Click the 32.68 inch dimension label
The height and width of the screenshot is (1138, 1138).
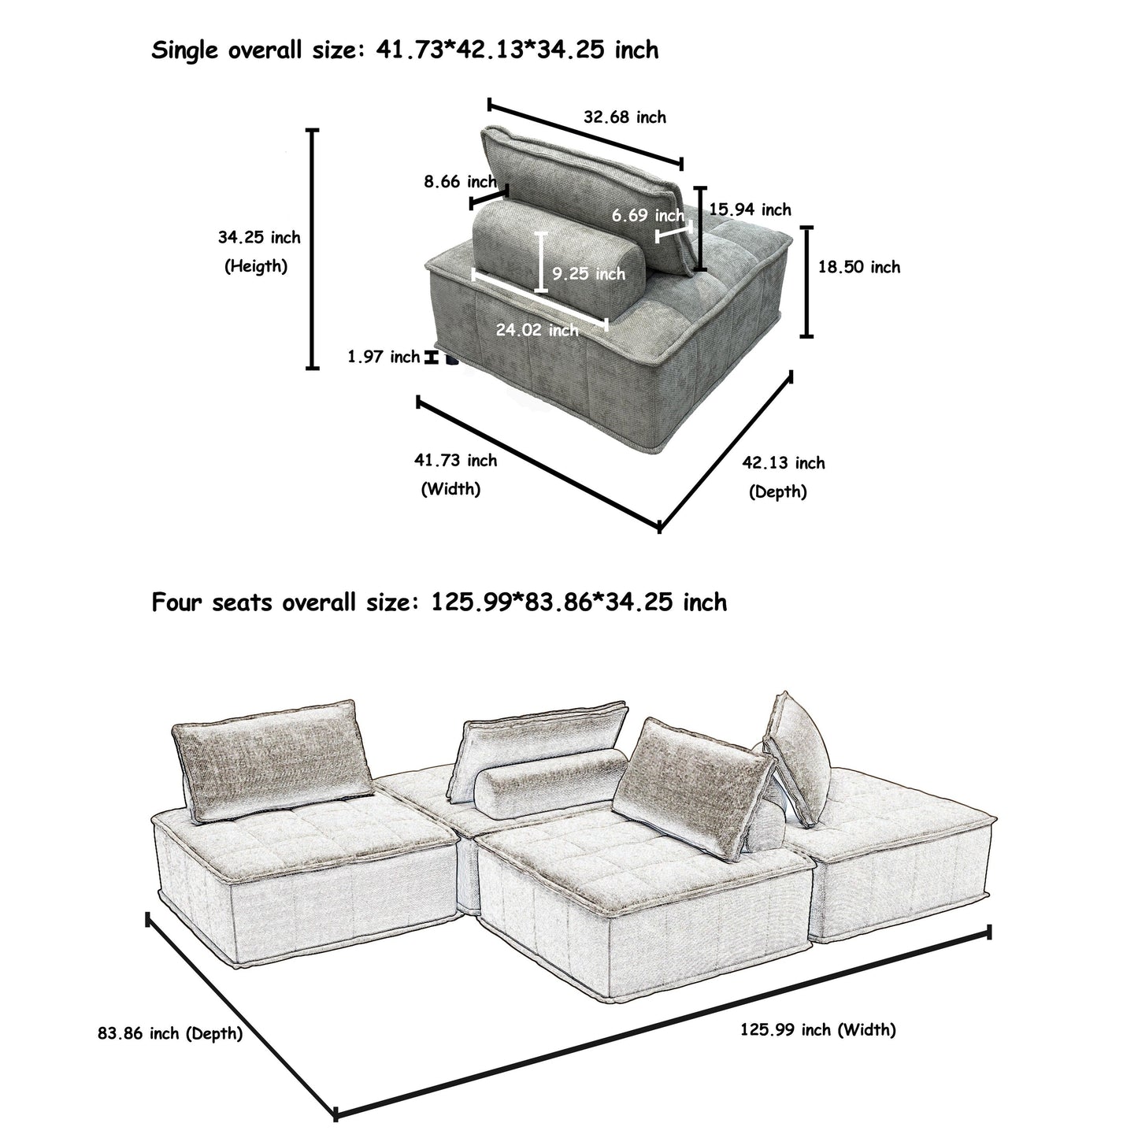(625, 117)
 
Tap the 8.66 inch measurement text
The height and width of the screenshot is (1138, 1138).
(460, 182)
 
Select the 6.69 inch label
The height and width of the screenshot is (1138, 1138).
(647, 215)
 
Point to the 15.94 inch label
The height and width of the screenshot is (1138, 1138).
(750, 209)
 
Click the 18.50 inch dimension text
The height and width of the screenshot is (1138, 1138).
(858, 267)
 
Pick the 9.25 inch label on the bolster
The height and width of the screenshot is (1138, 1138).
(588, 274)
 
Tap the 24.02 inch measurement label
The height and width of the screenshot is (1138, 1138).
(537, 330)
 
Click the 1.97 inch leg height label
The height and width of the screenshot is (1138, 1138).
(384, 358)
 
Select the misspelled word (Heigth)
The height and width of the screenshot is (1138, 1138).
(256, 266)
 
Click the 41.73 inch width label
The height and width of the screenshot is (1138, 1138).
(455, 460)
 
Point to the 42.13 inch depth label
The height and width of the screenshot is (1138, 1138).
(783, 463)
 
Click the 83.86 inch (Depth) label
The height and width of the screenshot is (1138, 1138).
(170, 1033)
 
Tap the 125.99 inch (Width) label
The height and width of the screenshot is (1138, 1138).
(817, 1029)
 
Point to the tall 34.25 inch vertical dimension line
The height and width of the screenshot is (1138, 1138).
(313, 249)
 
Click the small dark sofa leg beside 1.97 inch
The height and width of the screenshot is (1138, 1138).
(450, 360)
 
